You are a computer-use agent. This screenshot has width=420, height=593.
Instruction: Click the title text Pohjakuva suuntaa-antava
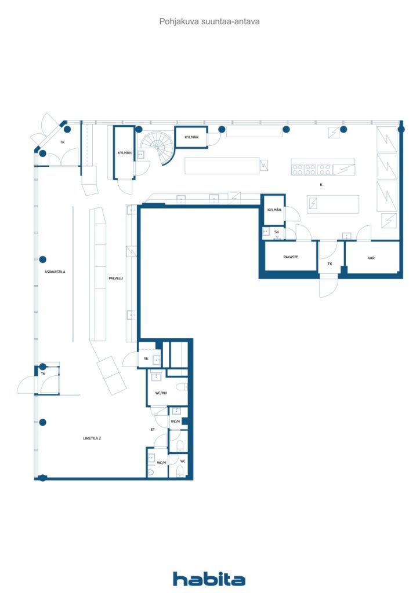(209, 21)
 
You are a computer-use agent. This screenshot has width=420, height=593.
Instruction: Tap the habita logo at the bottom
(209, 579)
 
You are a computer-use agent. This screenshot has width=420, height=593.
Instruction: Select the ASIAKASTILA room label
(55, 272)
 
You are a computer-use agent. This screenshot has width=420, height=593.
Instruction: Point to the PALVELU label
(115, 279)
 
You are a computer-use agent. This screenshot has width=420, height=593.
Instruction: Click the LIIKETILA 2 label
(92, 438)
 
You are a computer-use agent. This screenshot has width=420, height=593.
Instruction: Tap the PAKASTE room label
(291, 257)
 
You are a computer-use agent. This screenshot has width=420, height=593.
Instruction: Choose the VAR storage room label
(371, 258)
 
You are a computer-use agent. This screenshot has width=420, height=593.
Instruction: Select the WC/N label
(175, 421)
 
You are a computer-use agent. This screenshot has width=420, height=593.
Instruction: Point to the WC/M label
(161, 463)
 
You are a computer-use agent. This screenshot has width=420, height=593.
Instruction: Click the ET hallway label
(153, 430)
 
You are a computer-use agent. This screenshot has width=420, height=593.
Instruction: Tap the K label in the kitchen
(321, 185)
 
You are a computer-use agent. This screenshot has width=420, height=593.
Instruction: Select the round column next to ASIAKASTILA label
(42, 259)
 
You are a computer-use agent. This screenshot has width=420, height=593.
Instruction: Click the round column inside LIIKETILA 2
(42, 422)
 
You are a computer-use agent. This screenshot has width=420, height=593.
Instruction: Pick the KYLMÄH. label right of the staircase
(192, 137)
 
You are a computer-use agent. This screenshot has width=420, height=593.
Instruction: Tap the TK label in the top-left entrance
(62, 142)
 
